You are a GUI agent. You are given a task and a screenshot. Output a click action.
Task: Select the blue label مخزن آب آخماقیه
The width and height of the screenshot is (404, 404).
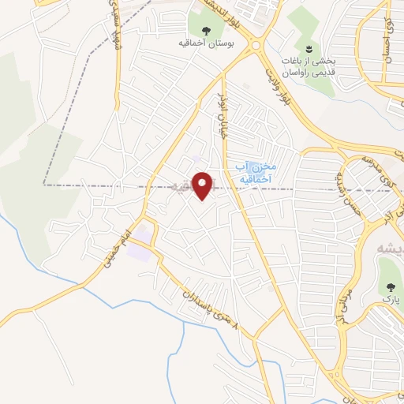point(253,171)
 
